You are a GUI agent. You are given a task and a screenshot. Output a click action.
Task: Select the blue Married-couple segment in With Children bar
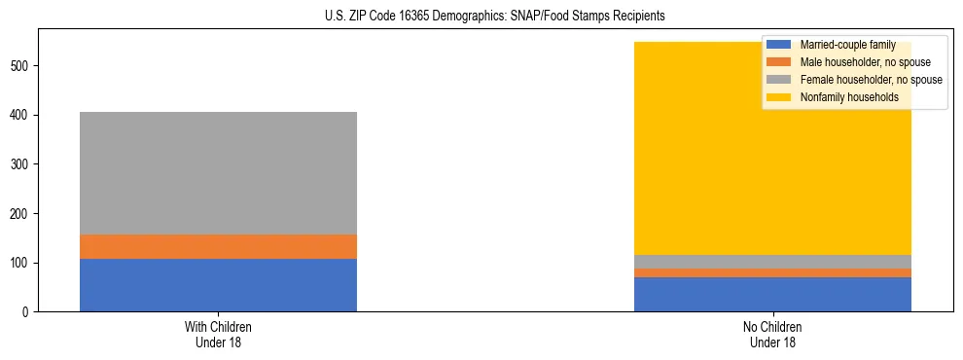point(218,285)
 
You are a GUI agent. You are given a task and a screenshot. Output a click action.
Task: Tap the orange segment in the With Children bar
point(218,246)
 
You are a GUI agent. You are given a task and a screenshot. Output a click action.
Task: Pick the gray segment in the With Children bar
point(218,173)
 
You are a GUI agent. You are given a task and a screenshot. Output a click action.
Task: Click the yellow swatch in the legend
point(779,97)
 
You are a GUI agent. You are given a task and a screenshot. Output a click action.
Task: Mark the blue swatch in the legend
point(779,45)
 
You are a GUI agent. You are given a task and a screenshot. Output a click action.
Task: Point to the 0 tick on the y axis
point(28,312)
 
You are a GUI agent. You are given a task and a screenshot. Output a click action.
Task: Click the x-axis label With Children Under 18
point(218,335)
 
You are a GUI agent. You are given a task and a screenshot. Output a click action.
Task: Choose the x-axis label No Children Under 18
point(772,335)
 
